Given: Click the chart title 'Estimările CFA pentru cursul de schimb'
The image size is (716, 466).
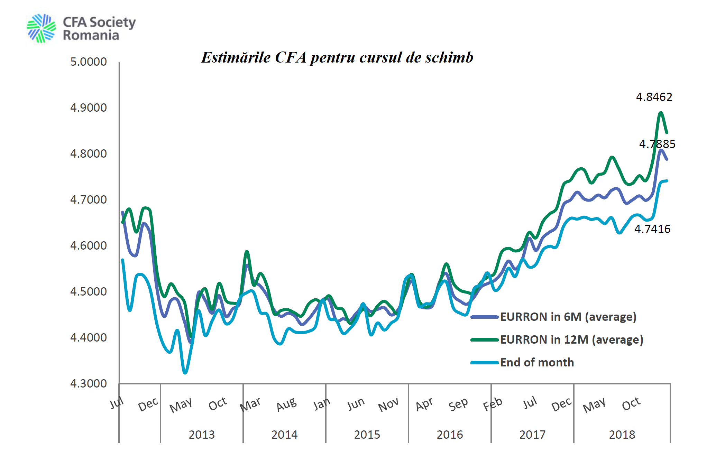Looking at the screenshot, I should [x=337, y=57].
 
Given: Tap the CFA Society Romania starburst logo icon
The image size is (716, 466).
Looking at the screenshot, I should [x=41, y=28].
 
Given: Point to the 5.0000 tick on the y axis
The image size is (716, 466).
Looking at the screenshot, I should [x=89, y=62].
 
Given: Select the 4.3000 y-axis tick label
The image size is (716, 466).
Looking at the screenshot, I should [x=89, y=384].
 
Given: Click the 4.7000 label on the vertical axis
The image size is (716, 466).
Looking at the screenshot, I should [x=89, y=200].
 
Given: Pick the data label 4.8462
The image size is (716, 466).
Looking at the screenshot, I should [x=654, y=97].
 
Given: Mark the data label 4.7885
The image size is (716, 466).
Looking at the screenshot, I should [x=657, y=144].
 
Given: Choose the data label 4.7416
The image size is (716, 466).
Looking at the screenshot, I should [x=652, y=229].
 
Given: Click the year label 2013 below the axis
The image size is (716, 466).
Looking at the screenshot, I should [x=202, y=435].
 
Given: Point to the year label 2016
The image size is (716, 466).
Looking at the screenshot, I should [x=450, y=435].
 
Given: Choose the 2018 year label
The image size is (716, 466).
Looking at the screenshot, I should [x=622, y=435].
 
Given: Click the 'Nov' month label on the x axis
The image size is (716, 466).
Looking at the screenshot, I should [x=388, y=405].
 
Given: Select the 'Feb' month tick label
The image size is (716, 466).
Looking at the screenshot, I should [x=493, y=404].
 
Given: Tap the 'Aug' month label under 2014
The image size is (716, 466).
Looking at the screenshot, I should [x=286, y=404].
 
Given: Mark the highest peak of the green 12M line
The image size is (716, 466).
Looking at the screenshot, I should [x=661, y=112].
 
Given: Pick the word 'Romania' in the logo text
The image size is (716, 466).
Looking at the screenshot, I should [x=91, y=36].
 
